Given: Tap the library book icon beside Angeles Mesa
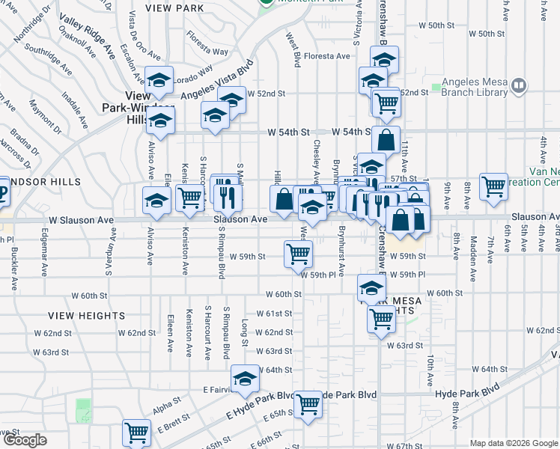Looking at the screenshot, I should click(x=518, y=88).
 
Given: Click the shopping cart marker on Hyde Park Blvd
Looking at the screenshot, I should click(x=308, y=404).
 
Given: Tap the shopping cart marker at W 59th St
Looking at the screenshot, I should click(x=298, y=254).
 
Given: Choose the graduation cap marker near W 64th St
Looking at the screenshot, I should click(x=244, y=378).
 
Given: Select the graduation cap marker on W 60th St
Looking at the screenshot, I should click(x=371, y=287).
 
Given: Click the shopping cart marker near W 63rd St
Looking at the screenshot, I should click(x=381, y=318).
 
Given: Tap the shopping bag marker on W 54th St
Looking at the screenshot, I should click(x=386, y=139).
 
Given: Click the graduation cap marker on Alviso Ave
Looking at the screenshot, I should click(x=156, y=199).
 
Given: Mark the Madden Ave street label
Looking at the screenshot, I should click(x=474, y=254).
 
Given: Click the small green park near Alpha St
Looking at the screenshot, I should click(x=82, y=410).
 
